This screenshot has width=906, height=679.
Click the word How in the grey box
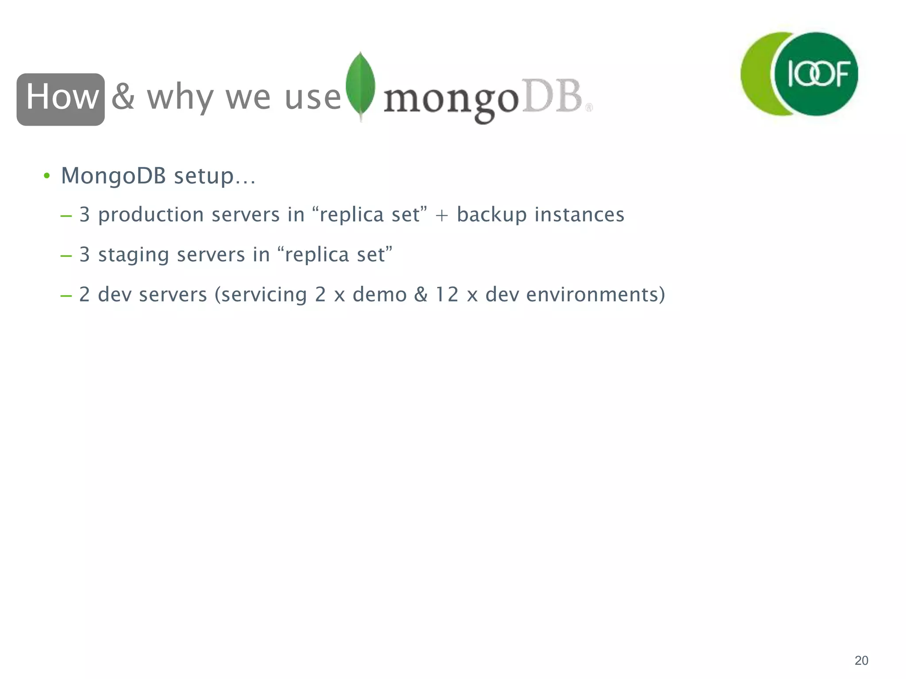(x=61, y=97)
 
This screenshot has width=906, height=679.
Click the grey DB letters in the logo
(x=552, y=96)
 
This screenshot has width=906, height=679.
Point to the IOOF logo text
(x=818, y=74)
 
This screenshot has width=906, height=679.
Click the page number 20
(x=861, y=660)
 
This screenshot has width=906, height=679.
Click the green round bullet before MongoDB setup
(x=46, y=176)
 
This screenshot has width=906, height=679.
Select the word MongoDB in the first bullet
(x=113, y=175)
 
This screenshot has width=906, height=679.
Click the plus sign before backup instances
(x=441, y=215)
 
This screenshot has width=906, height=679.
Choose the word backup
(x=491, y=215)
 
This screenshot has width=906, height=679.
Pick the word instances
(x=579, y=215)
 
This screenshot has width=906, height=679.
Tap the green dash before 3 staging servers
(x=66, y=256)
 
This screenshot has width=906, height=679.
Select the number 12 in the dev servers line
(x=447, y=295)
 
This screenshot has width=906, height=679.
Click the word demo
(x=380, y=295)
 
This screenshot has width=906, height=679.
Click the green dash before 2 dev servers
(x=66, y=295)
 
